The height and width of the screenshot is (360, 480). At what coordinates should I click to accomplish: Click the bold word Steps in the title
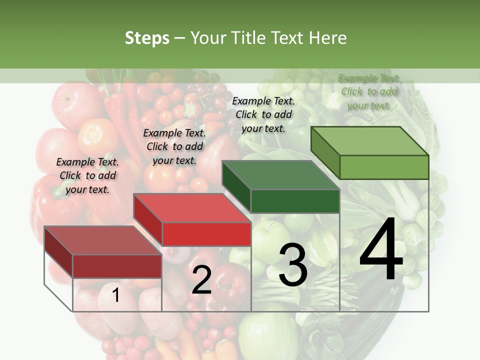(147, 38)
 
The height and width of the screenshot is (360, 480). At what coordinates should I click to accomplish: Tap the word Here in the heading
(327, 38)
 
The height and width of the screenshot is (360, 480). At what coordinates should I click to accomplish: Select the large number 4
(381, 250)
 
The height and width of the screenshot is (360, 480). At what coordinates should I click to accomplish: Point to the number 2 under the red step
(201, 280)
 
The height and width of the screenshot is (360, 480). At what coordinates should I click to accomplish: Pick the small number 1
(116, 295)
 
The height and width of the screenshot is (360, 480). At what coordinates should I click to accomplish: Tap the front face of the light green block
(384, 167)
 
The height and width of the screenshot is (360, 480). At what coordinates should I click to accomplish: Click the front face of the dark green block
(295, 201)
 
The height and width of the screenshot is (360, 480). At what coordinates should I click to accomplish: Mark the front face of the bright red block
(206, 234)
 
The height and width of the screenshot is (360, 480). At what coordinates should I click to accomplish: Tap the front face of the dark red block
(117, 266)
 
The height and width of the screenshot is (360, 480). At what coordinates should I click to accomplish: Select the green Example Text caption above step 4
(369, 91)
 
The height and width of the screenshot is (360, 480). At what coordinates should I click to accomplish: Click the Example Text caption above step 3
(263, 114)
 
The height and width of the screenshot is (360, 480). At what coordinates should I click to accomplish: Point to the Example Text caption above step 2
(174, 146)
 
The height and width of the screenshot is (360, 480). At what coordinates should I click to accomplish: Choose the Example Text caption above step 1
(87, 175)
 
